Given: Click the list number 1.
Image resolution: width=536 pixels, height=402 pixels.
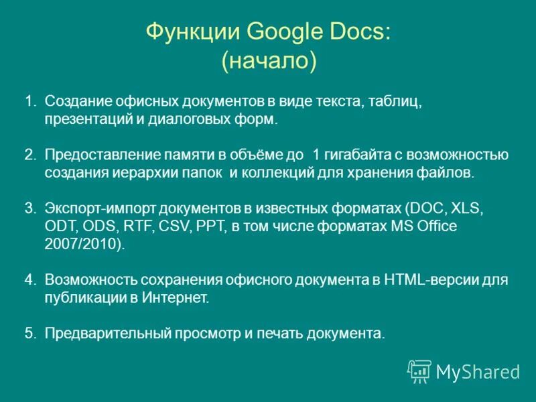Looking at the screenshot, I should [29, 102].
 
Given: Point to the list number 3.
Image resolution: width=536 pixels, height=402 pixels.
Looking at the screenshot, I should [29, 208].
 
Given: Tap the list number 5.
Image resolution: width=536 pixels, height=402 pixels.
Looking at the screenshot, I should [29, 333].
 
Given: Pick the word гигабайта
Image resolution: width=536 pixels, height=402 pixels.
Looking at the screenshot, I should [355, 155].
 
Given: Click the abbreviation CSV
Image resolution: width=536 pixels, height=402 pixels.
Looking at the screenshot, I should [176, 226].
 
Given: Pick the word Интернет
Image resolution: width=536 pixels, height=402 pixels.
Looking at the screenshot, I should [176, 298].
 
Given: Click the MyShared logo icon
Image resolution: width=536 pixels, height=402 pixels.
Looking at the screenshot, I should [419, 371].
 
